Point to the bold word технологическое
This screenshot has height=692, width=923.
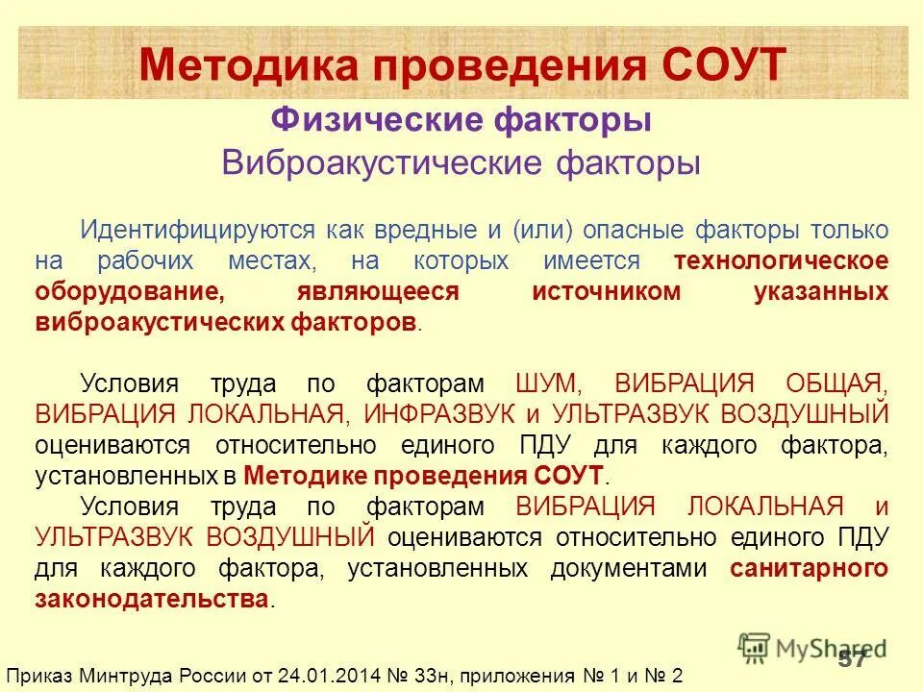(x=780, y=260)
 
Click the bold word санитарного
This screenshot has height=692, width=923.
(x=809, y=568)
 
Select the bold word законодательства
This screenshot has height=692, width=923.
(x=152, y=599)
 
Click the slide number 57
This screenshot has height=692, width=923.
(x=852, y=658)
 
